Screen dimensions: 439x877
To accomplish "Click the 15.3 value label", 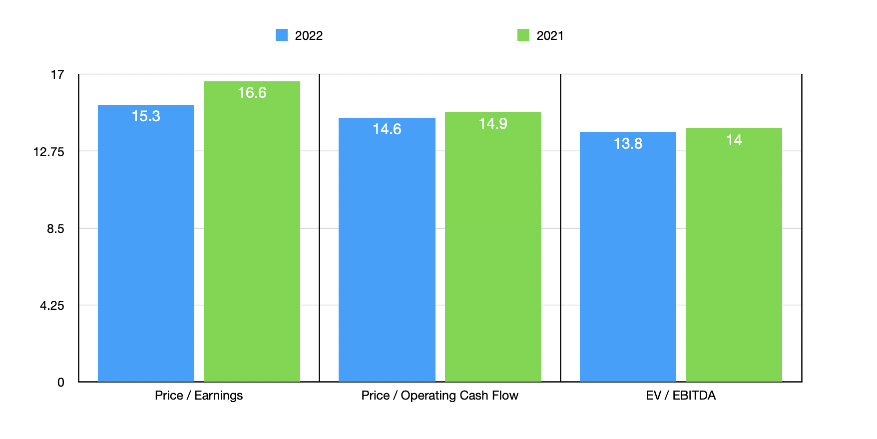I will point(146,116).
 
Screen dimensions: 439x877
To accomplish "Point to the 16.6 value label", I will point(252,93).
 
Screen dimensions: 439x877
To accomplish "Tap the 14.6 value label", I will point(387,129).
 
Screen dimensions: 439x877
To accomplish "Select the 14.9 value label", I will point(493,124).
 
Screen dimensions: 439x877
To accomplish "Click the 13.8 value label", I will point(628,144).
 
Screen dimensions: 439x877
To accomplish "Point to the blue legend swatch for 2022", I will point(282,35).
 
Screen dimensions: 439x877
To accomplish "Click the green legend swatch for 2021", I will point(523,35).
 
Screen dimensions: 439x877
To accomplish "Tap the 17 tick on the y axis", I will point(57,75).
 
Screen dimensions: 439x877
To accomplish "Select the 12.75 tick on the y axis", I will point(49,152).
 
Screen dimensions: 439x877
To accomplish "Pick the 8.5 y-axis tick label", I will point(55,229).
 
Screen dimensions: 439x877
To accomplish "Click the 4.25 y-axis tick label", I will point(52,306).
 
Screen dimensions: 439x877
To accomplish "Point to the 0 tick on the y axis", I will point(61,383).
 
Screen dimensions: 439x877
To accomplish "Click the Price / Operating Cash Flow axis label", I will point(439,396).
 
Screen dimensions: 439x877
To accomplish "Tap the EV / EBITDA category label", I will point(681,396).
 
